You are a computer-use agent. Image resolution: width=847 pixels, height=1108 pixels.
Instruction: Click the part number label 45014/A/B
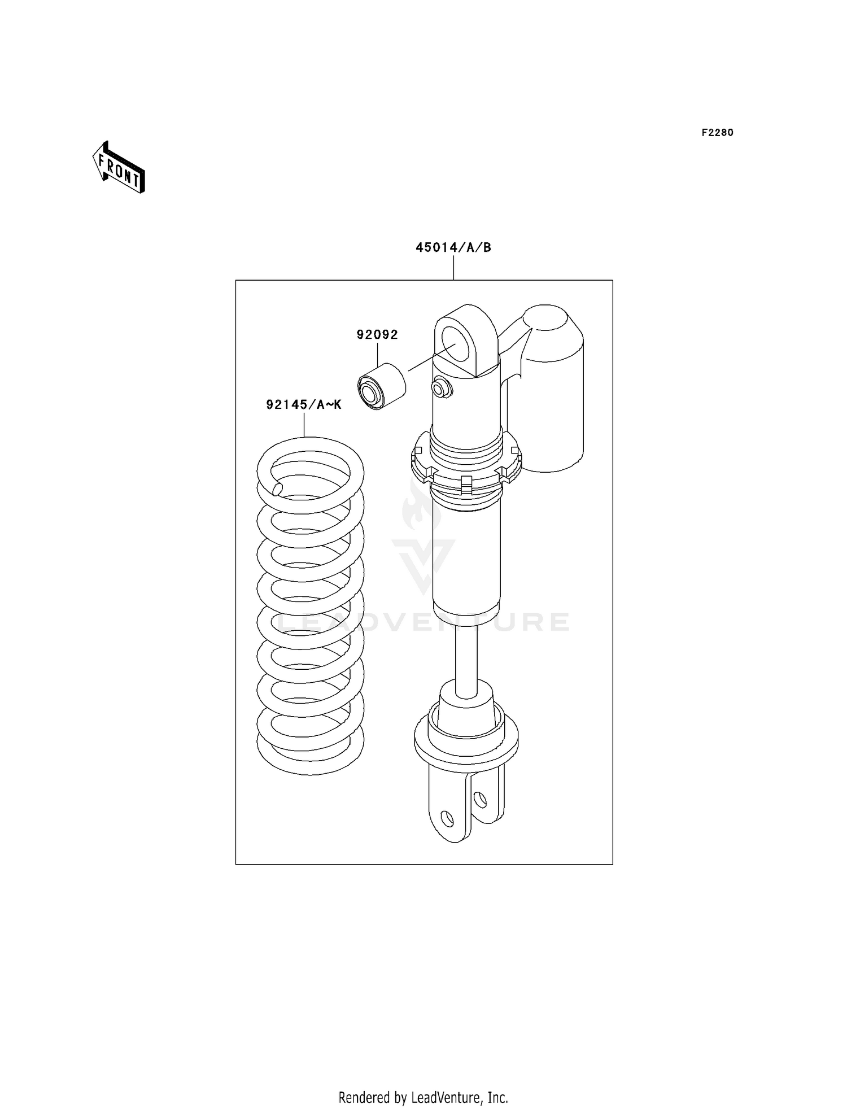[453, 247]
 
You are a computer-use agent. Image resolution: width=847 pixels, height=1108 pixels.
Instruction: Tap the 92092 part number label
[377, 335]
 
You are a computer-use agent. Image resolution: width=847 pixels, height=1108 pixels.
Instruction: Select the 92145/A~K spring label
[304, 404]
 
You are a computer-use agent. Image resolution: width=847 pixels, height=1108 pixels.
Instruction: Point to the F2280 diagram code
[717, 133]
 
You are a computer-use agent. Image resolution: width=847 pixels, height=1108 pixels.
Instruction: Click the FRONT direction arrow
[119, 168]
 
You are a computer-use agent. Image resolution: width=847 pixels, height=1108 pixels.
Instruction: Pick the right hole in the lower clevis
[480, 800]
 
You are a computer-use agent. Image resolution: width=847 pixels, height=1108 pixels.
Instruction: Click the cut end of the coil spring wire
[277, 488]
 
